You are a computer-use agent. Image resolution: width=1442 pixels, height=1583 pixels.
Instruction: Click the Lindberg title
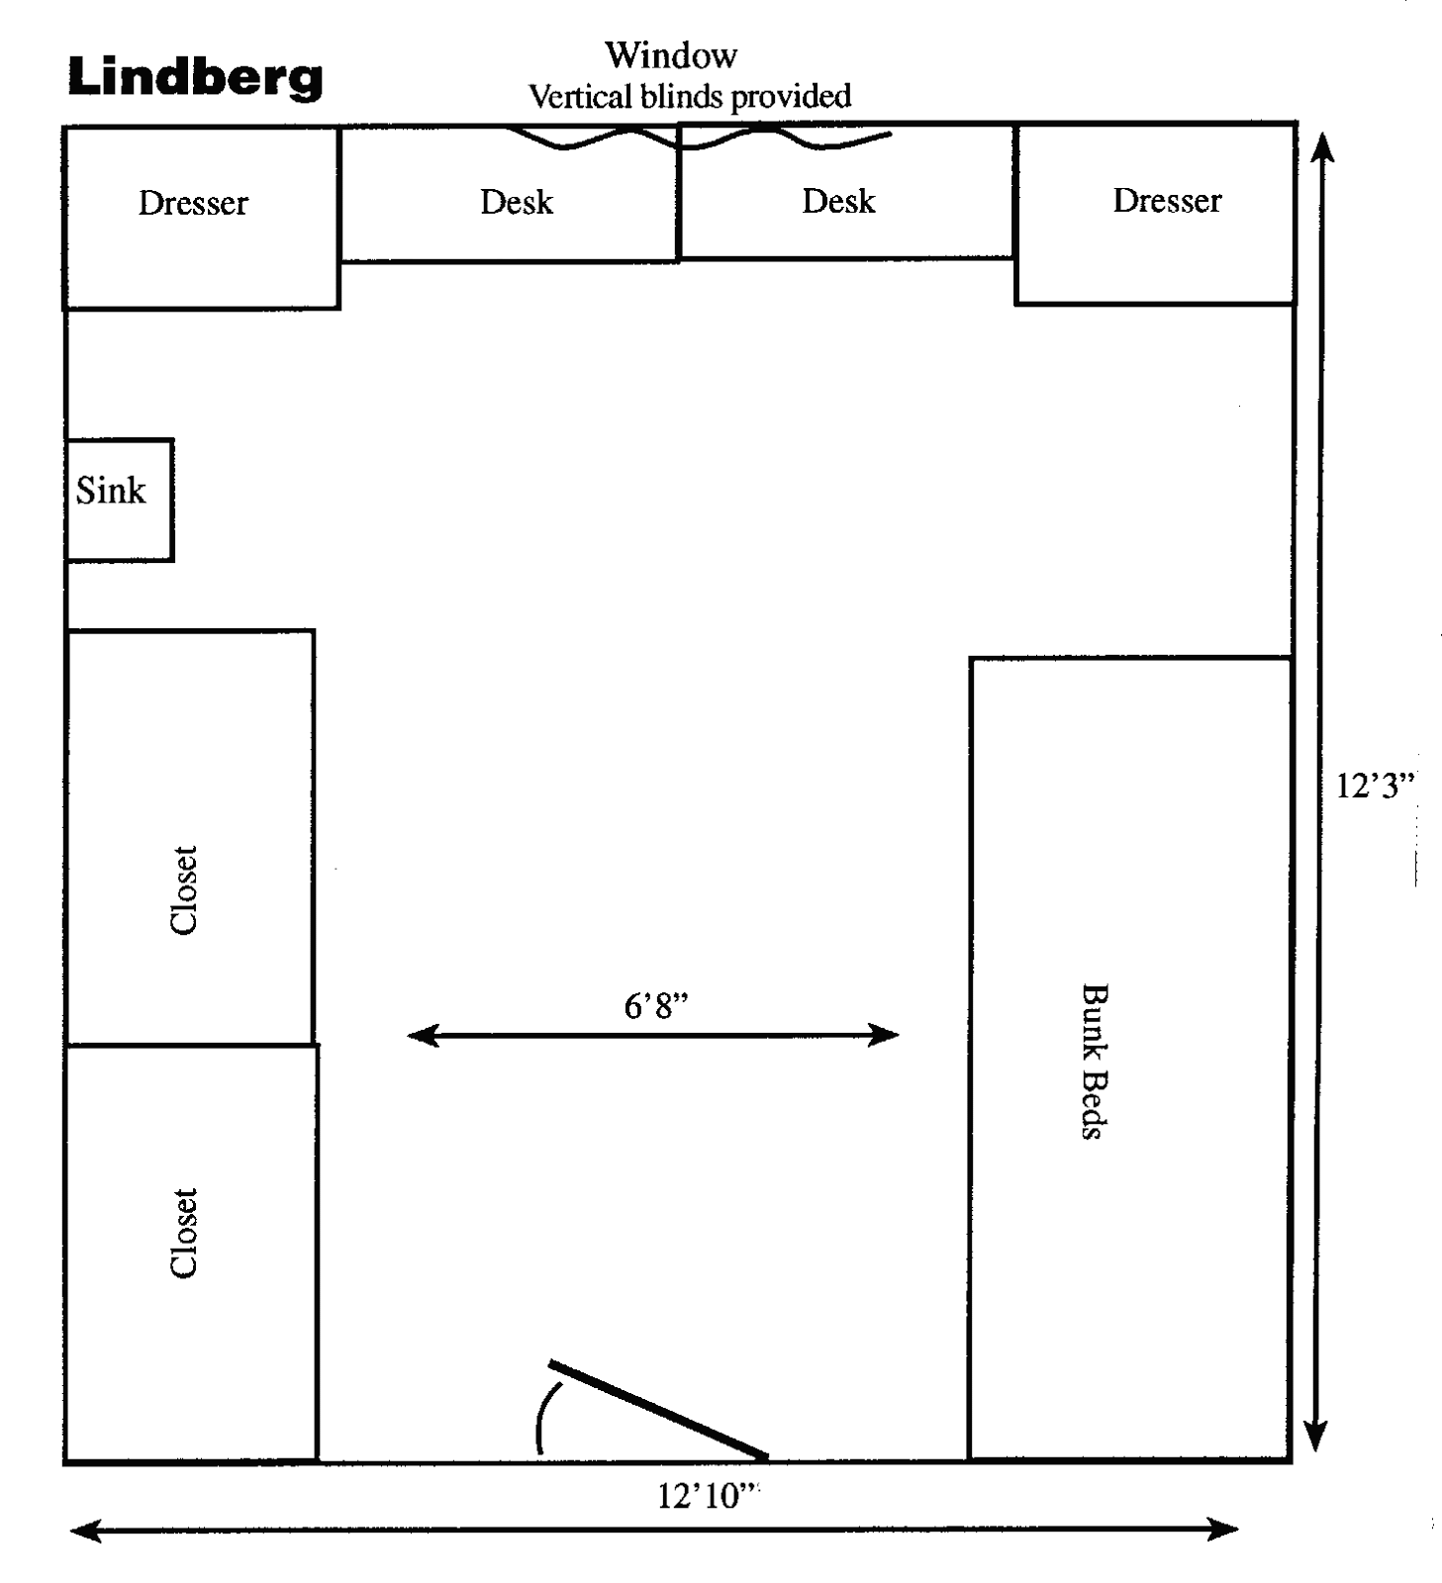(x=195, y=76)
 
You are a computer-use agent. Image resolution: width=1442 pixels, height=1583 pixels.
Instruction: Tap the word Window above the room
(x=670, y=54)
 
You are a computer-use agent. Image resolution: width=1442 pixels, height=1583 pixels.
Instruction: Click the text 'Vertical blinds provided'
(x=689, y=96)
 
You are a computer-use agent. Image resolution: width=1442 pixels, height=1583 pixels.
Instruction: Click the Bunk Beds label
(x=1093, y=1061)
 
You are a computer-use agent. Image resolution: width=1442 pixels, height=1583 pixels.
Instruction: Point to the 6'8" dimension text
(x=655, y=1006)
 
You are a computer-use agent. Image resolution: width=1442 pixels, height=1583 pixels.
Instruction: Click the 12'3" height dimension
(x=1375, y=786)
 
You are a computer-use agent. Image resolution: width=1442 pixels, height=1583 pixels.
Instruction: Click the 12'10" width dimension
(x=707, y=1495)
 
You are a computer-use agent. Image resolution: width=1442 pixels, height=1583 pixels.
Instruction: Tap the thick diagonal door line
(x=658, y=1409)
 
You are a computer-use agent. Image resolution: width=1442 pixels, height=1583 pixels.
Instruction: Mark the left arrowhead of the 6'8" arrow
(x=420, y=1035)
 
